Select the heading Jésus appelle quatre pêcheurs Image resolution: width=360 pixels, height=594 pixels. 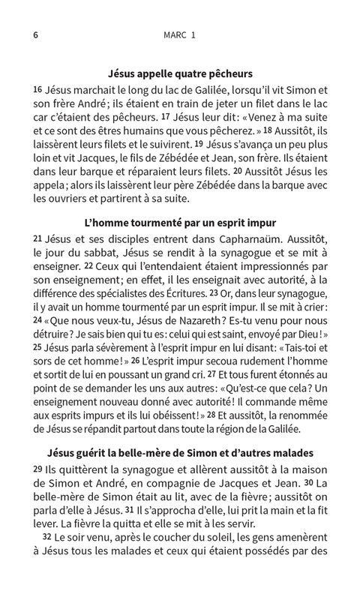point(180,73)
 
